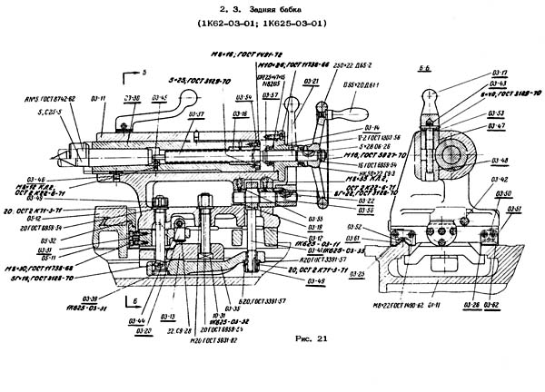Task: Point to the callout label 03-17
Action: (499, 70)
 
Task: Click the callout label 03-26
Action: (471, 304)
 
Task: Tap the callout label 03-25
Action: (356, 272)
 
